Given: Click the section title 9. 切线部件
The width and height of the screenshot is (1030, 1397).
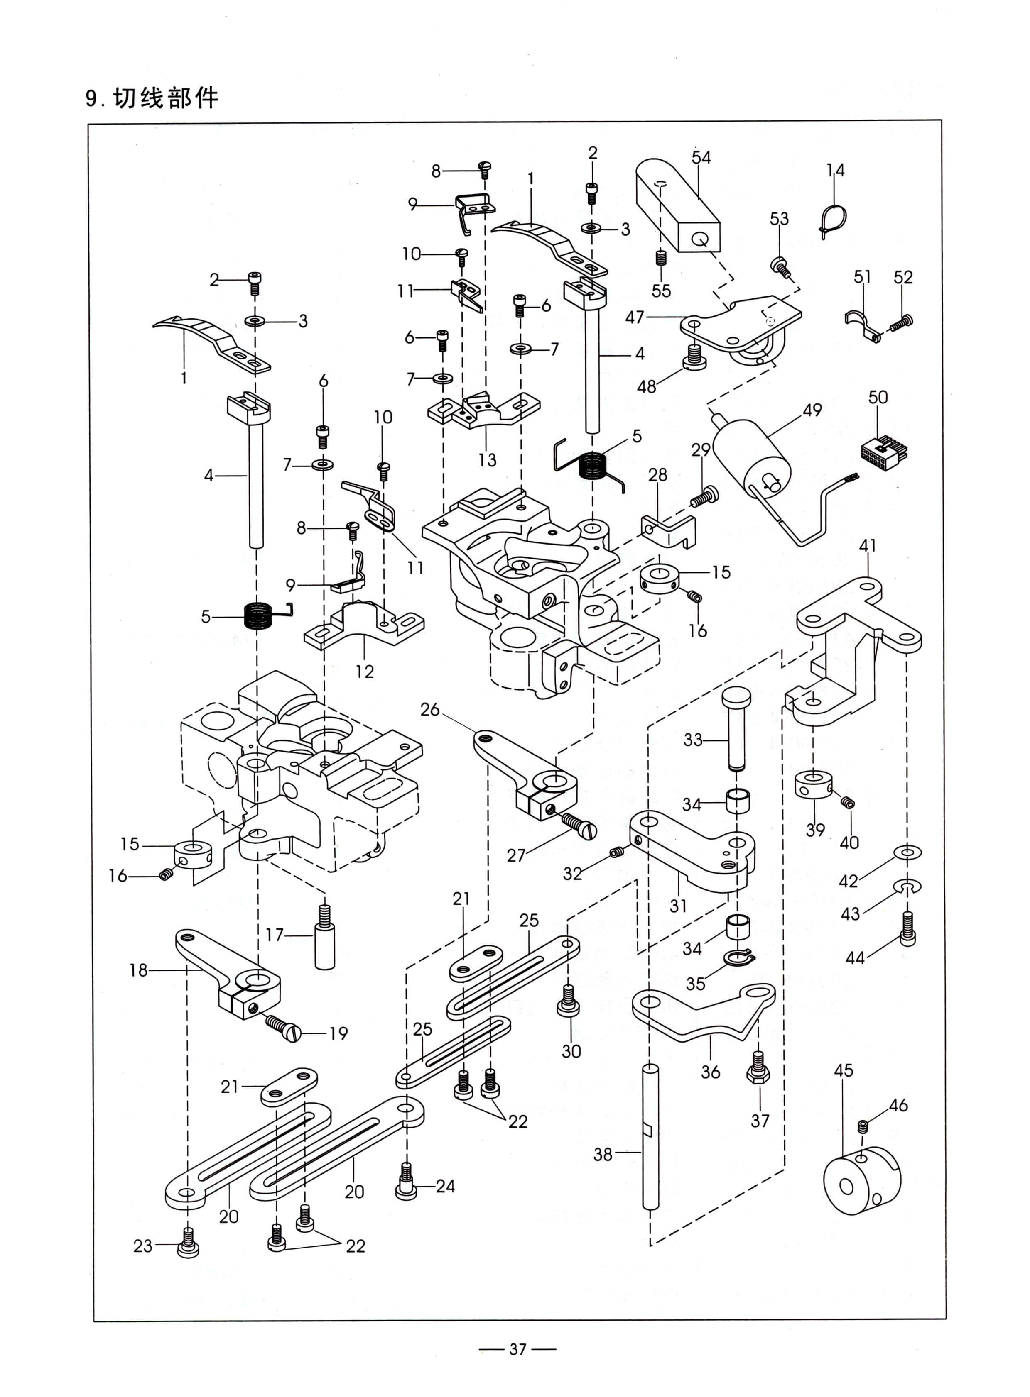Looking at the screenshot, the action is coord(152,98).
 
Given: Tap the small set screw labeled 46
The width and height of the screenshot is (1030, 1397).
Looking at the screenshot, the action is coord(863,1126).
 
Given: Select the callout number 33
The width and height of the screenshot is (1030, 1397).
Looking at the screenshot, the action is coord(693,740).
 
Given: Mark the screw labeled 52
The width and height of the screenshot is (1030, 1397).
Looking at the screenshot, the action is coord(901,322).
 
